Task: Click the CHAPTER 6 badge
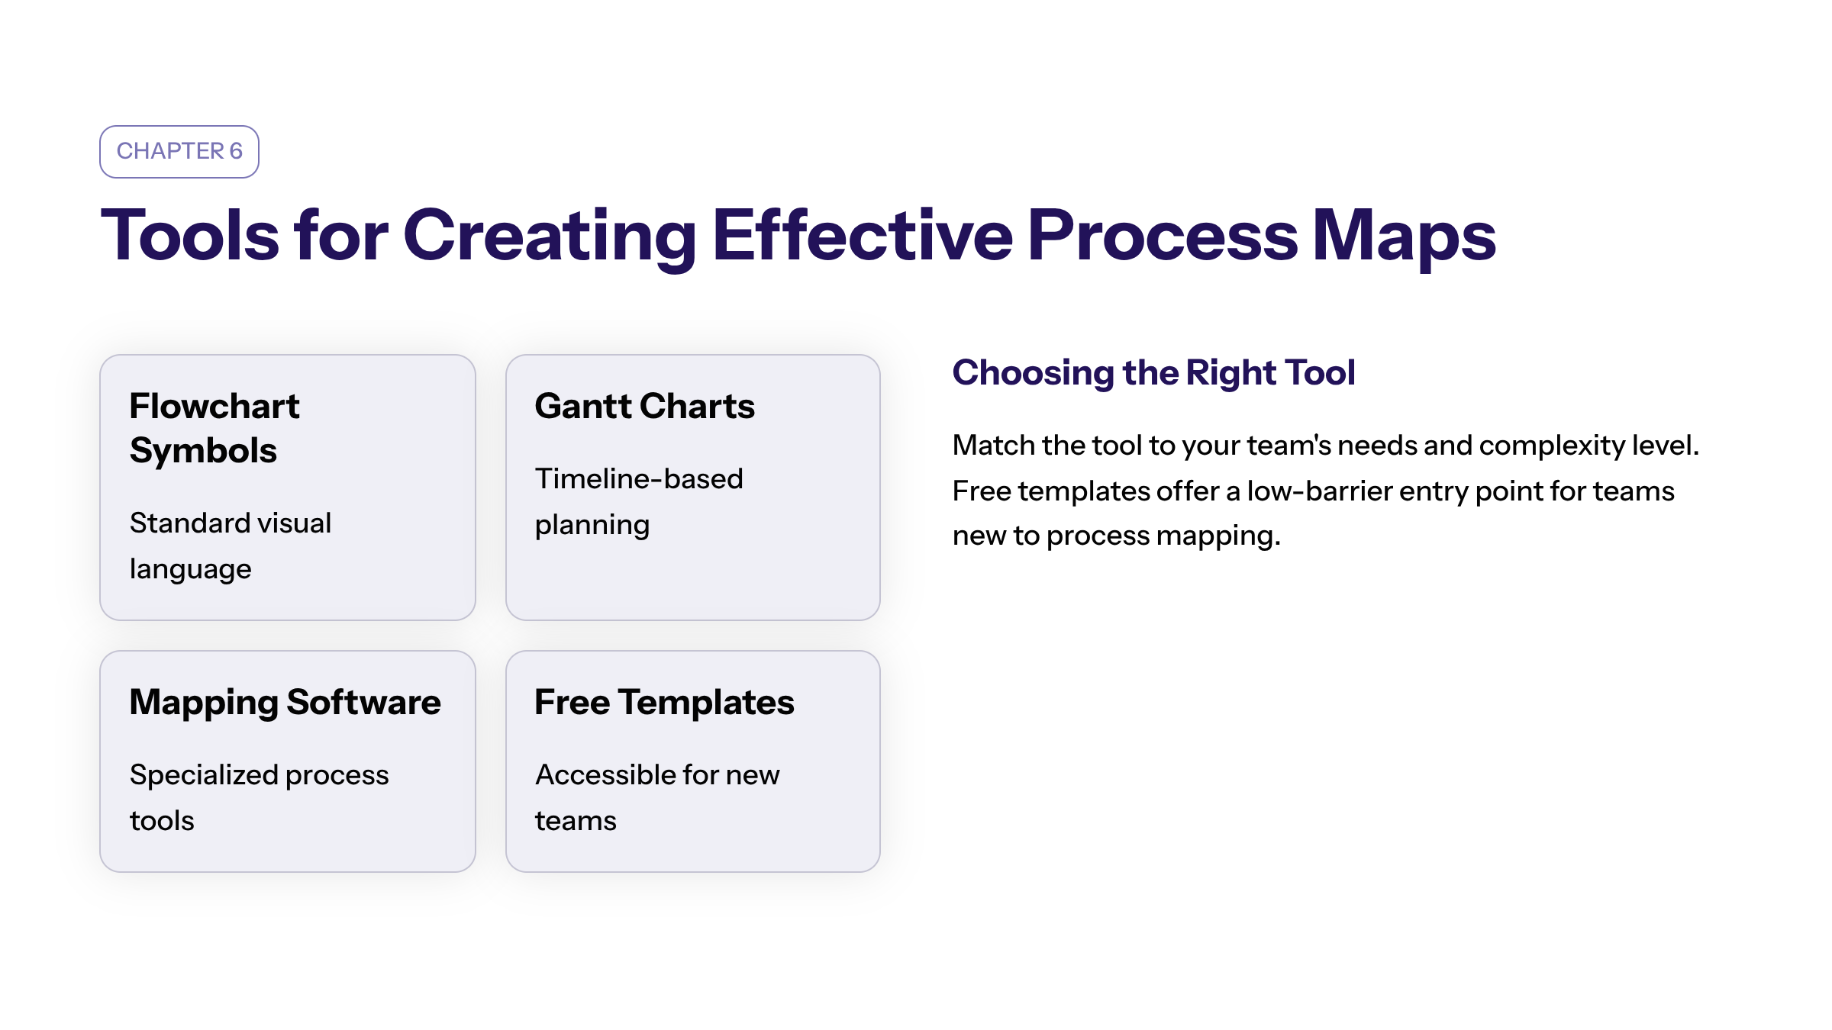tap(179, 152)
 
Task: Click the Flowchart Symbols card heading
tap(214, 428)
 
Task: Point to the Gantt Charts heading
tap(645, 406)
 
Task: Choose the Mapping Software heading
tap(285, 703)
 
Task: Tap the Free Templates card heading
tap(664, 703)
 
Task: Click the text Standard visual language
tap(231, 546)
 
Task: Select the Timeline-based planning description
tap(639, 502)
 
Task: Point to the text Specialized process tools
tap(260, 797)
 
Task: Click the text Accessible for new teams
tap(657, 797)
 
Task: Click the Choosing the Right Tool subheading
tap(1153, 374)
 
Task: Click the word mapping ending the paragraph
tap(1218, 537)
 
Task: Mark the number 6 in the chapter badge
tap(236, 151)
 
